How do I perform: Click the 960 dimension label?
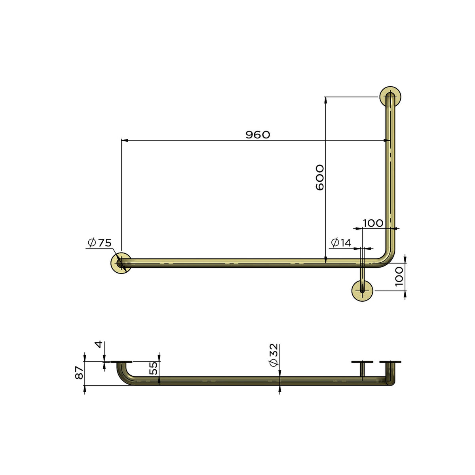(x=258, y=135)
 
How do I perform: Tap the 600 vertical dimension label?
(x=320, y=177)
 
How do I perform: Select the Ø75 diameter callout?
(x=100, y=243)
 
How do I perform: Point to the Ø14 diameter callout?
(x=341, y=243)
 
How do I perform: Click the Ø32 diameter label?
(x=274, y=355)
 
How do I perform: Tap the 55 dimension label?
(x=154, y=368)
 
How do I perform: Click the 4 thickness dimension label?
(x=99, y=344)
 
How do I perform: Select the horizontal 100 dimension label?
(x=373, y=223)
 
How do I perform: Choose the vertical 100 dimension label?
(x=399, y=277)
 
